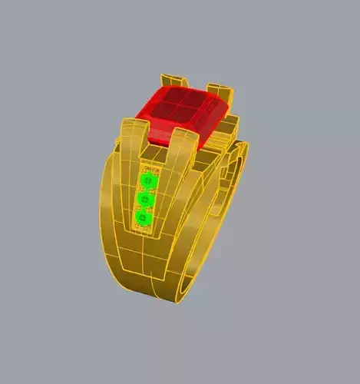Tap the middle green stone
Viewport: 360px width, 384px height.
146,200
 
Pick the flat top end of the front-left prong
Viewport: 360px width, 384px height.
131,121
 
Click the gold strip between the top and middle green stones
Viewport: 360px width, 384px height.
147,190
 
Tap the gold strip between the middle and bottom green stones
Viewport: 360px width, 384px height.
144,210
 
